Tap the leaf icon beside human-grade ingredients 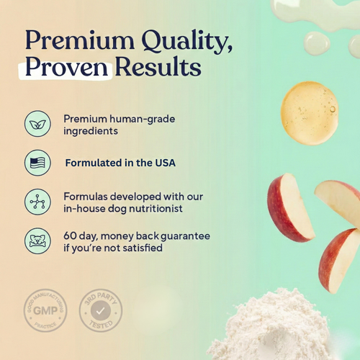pos(37,123)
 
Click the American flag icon pos(37,163)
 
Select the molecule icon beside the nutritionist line pos(37,202)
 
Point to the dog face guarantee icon pos(37,240)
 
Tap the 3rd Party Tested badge pos(100,310)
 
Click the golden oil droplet pos(310,112)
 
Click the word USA pos(163,163)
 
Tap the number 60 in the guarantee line pos(70,235)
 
